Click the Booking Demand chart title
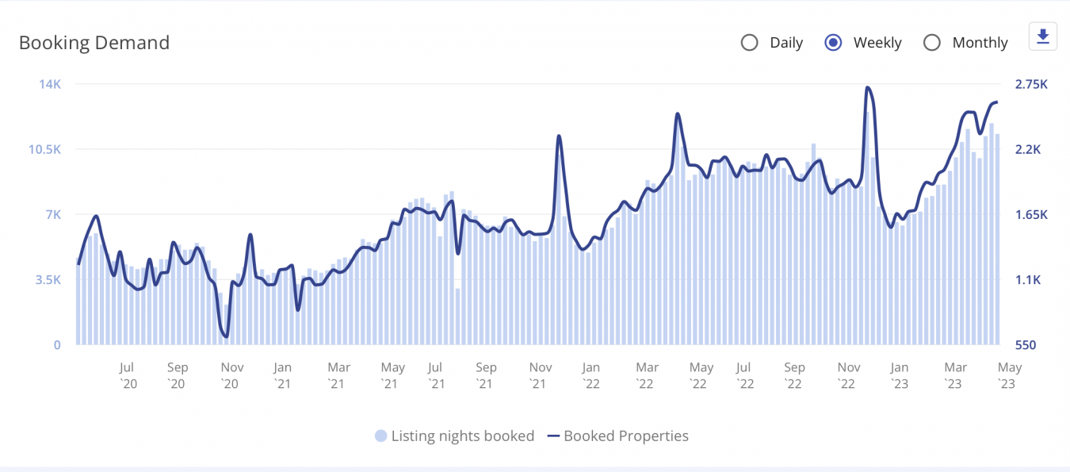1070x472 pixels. point(94,43)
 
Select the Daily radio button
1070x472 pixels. point(749,43)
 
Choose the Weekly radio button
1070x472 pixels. point(833,43)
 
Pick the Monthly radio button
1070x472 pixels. point(932,43)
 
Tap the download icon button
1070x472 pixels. point(1042,36)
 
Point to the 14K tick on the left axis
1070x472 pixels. point(50,84)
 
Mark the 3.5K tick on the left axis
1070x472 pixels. point(47,280)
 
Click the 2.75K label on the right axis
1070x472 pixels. point(1031,84)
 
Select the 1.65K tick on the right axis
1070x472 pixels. point(1031,215)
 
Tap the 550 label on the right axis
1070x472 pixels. point(1026,345)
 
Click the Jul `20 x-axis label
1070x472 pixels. point(128,375)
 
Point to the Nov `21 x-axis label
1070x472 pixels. point(541,375)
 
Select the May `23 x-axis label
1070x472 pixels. point(1009,375)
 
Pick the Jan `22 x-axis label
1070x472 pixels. point(590,375)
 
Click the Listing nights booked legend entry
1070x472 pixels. point(455,436)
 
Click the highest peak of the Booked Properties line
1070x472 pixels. point(868,87)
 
